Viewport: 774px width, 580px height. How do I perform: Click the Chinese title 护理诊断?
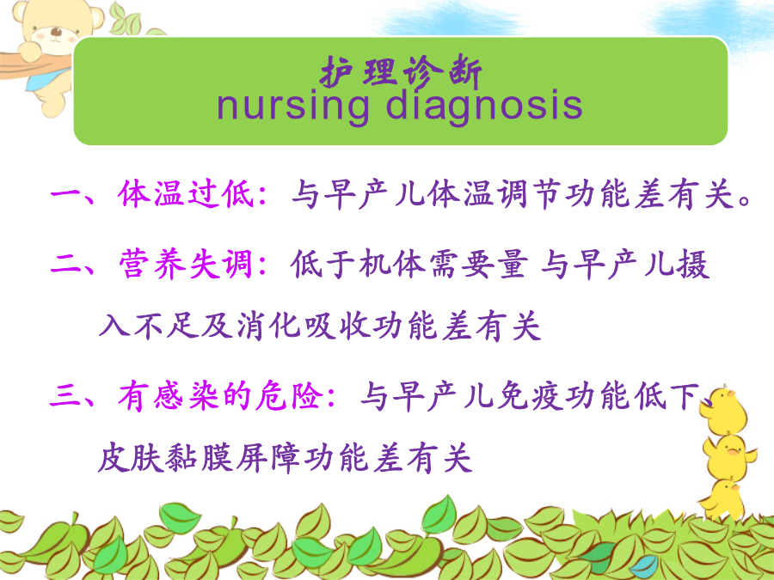(401, 72)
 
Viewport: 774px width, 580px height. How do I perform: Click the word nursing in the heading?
(293, 106)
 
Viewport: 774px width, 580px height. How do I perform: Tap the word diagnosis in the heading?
(484, 106)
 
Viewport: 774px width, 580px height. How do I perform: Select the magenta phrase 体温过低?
(186, 193)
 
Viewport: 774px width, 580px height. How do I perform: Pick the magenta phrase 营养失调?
(186, 264)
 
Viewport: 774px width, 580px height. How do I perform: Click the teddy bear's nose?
(57, 33)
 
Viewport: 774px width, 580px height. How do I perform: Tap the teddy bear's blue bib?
(48, 80)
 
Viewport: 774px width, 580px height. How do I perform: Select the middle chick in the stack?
(729, 457)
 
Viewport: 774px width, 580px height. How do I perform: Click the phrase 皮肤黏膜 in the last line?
(164, 458)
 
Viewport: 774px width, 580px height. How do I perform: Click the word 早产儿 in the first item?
(375, 193)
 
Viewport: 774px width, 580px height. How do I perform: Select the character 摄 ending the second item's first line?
(693, 264)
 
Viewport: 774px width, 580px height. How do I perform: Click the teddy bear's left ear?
(21, 12)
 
